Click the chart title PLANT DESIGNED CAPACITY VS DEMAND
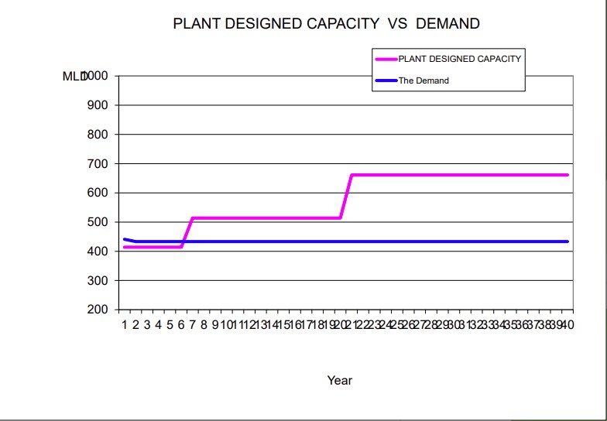pyautogui.click(x=326, y=24)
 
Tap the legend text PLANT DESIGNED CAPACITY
pyautogui.click(x=460, y=59)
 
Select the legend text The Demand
pyautogui.click(x=424, y=80)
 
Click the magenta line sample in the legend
pyautogui.click(x=386, y=59)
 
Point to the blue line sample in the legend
pyautogui.click(x=386, y=80)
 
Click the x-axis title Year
pyautogui.click(x=340, y=380)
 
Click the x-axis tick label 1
pyautogui.click(x=124, y=324)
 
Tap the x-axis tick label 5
pyautogui.click(x=170, y=324)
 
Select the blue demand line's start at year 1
pyautogui.click(x=124, y=239)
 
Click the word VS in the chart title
pyautogui.click(x=397, y=24)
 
